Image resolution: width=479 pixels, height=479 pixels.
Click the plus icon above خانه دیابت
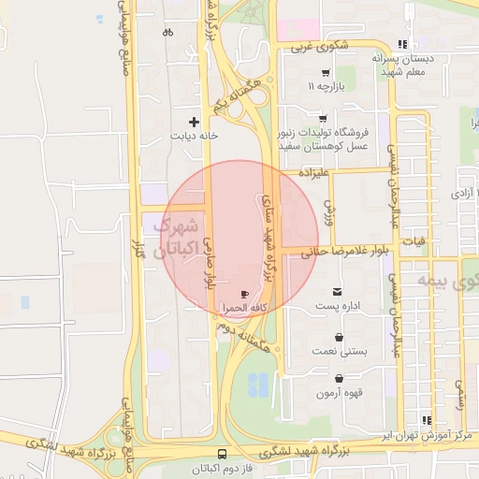[x=195, y=122]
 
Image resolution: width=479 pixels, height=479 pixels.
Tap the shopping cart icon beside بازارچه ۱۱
[x=325, y=73]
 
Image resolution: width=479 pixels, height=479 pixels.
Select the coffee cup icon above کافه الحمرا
[x=245, y=293]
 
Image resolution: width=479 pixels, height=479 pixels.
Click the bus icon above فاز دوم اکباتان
[x=221, y=454]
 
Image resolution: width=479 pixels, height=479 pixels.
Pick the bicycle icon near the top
[x=167, y=32]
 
